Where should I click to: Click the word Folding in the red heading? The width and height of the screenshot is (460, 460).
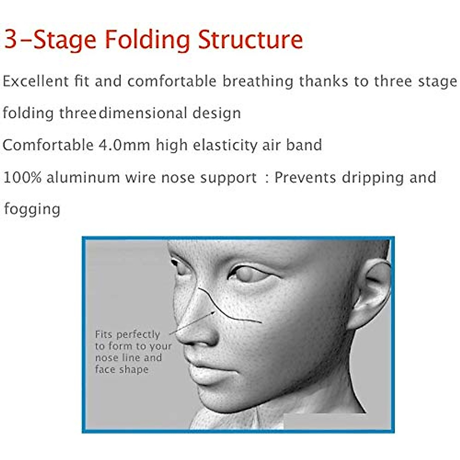click(x=147, y=40)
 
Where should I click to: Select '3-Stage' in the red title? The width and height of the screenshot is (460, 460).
click(x=50, y=39)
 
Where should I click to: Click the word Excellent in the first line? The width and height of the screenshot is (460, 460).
click(x=36, y=81)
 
